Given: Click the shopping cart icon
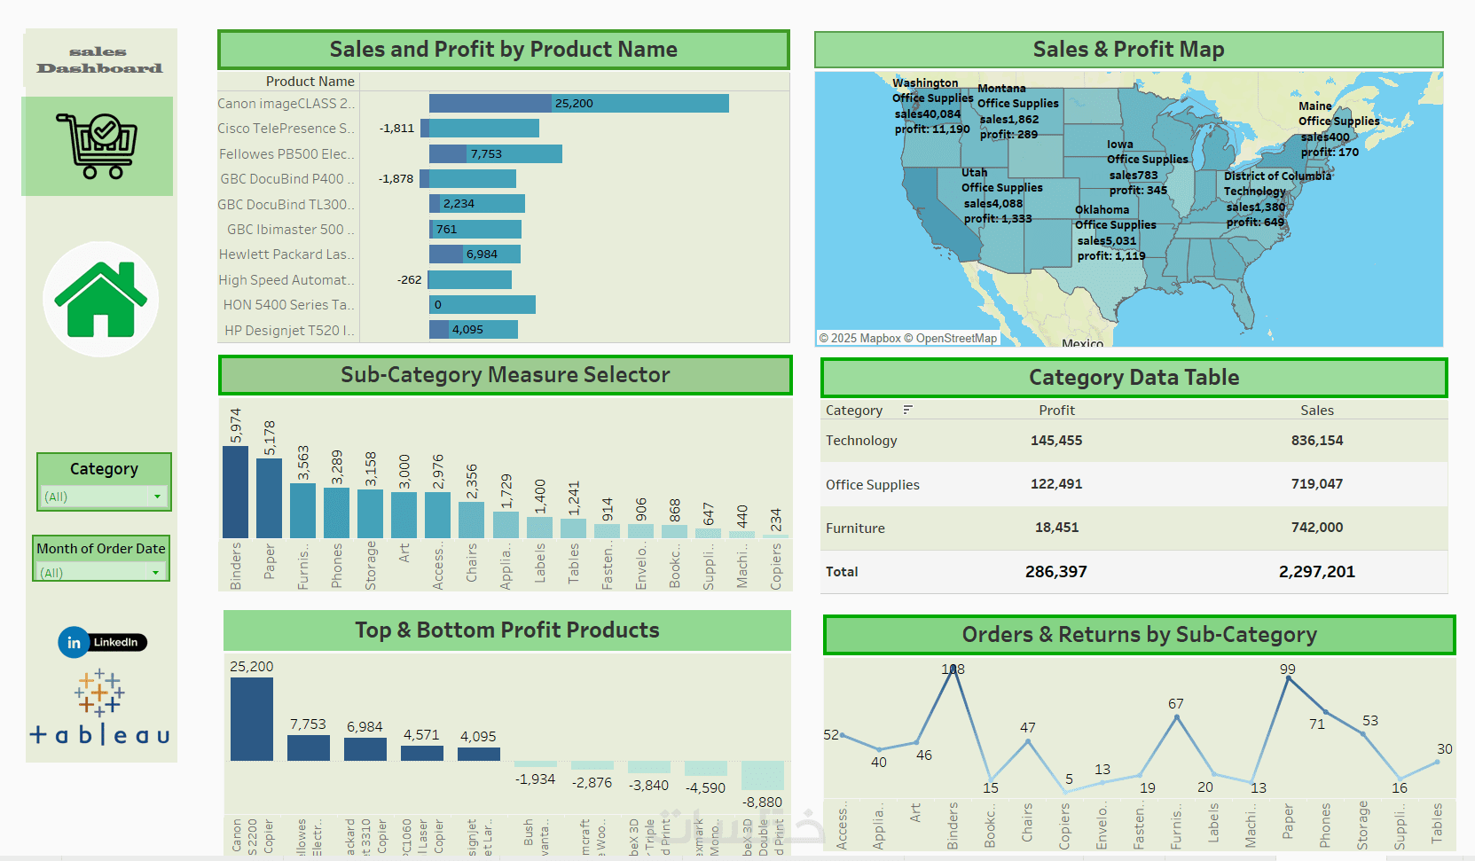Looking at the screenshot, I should (x=97, y=145).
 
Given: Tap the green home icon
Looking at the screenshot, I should (x=101, y=300).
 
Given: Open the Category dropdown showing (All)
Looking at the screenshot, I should (x=104, y=497).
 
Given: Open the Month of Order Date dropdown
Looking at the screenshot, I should (x=101, y=573).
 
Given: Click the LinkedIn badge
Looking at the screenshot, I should (x=103, y=642).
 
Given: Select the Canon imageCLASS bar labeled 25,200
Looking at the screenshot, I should (x=578, y=104).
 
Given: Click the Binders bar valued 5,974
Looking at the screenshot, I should (x=235, y=492).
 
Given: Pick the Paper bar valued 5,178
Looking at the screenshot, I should (x=269, y=497).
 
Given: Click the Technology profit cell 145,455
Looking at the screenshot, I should (x=1056, y=441).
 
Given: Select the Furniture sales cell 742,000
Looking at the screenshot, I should (x=1317, y=528).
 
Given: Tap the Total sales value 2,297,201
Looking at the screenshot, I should (x=1317, y=572).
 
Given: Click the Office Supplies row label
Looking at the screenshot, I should (x=873, y=485).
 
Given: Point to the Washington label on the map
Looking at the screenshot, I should (x=925, y=83).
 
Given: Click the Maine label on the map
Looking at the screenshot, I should (x=1315, y=106).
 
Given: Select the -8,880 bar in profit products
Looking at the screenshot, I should (x=763, y=776).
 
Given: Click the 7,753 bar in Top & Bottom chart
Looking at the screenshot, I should (x=309, y=748).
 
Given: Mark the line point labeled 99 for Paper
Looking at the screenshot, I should (x=1288, y=678).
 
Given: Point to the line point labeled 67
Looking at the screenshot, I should (x=1177, y=716).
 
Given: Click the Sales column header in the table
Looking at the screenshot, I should (x=1317, y=411).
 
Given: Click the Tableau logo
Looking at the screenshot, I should (x=100, y=709).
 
